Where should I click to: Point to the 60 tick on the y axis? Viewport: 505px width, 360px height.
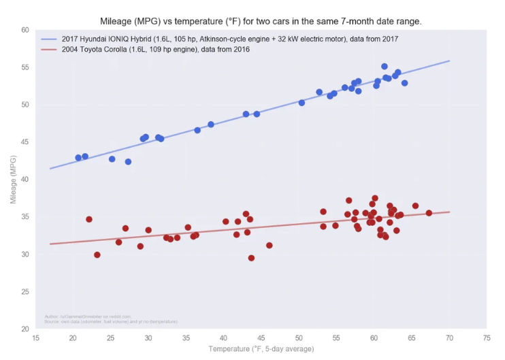point(25,31)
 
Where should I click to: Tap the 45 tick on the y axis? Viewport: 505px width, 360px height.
point(25,142)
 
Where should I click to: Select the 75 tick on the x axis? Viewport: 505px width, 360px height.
point(487,338)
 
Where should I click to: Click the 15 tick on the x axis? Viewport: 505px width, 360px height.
point(35,338)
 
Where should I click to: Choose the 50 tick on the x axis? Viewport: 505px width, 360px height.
point(299,338)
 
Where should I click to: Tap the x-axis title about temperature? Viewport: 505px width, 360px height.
point(261,349)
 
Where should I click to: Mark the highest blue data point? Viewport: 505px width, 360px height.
point(385,67)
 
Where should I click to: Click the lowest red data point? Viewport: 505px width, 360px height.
point(251,258)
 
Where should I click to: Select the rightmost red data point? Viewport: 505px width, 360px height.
point(429,213)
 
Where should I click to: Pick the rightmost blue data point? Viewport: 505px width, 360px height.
point(404,83)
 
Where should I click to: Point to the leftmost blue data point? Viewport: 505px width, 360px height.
point(78,158)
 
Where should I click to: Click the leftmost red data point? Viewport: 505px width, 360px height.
point(89,219)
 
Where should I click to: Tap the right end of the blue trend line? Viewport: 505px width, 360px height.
point(449,61)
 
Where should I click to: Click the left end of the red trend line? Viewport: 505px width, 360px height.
point(51,244)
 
